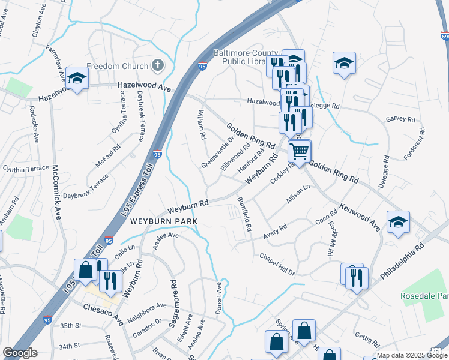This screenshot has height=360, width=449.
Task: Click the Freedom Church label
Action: (x=118, y=65)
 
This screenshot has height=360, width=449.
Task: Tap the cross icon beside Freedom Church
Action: (x=158, y=65)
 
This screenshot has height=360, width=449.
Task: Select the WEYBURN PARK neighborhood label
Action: (x=164, y=221)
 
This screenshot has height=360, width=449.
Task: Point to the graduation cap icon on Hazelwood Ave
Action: (x=77, y=79)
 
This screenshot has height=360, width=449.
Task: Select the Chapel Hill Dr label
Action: (x=277, y=265)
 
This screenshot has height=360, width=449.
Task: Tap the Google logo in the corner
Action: (x=20, y=353)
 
